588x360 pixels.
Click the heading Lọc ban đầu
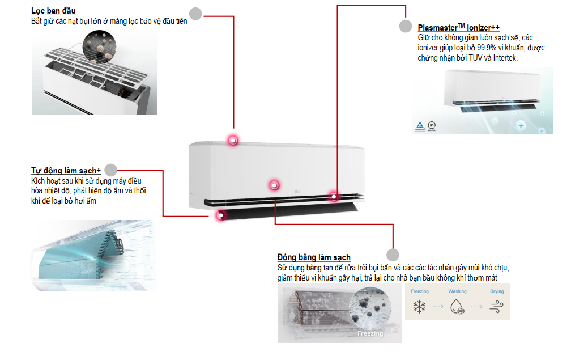[x=53, y=11]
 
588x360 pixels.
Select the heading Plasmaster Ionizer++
[x=458, y=27]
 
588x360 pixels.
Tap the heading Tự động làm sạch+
[x=66, y=171]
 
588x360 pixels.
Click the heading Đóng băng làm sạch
[x=313, y=257]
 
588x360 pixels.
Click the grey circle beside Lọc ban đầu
[x=195, y=14]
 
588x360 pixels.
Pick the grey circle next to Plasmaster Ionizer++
[x=406, y=26]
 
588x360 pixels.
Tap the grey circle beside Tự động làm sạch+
[x=111, y=169]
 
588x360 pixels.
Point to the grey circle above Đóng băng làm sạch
[x=393, y=255]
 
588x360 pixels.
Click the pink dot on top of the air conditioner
[x=233, y=141]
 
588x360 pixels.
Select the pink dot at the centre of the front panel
[x=274, y=185]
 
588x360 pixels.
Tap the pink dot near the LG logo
[x=334, y=197]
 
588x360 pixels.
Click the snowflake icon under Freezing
[x=419, y=307]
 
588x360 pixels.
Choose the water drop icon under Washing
[x=457, y=307]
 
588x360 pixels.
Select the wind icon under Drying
[x=496, y=307]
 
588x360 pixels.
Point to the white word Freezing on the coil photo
[x=370, y=333]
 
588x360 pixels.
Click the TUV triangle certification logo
[x=420, y=125]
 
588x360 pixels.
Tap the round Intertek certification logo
[x=432, y=125]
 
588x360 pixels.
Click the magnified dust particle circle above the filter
[x=99, y=47]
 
